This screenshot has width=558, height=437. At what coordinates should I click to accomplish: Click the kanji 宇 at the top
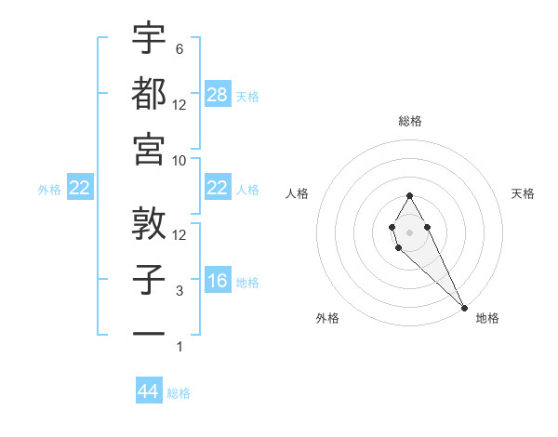tap(149, 39)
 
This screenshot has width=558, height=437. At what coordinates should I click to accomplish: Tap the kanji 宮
tap(149, 149)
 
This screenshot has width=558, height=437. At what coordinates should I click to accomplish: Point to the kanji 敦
tap(149, 223)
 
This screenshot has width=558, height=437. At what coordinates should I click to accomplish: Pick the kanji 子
tap(149, 279)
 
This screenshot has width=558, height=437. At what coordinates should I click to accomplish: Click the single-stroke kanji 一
tap(149, 332)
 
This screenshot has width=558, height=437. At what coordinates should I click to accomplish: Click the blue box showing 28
tap(218, 94)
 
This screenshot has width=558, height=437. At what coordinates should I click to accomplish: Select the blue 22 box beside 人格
tap(218, 189)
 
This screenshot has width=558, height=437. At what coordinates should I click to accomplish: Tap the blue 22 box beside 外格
tap(80, 189)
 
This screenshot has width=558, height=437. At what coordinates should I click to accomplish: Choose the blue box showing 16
tap(218, 281)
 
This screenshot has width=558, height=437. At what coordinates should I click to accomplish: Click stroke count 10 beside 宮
tap(179, 160)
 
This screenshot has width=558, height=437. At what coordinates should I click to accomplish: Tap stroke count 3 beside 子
tap(179, 291)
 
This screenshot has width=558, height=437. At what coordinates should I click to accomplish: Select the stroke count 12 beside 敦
tap(179, 235)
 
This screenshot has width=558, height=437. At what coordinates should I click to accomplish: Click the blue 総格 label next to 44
tap(179, 393)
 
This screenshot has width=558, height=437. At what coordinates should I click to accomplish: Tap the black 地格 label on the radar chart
tap(487, 319)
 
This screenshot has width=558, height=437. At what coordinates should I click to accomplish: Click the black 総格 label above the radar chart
tap(410, 122)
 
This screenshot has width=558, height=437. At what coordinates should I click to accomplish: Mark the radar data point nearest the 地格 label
tap(464, 308)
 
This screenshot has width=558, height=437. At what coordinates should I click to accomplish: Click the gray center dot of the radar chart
tap(409, 232)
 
